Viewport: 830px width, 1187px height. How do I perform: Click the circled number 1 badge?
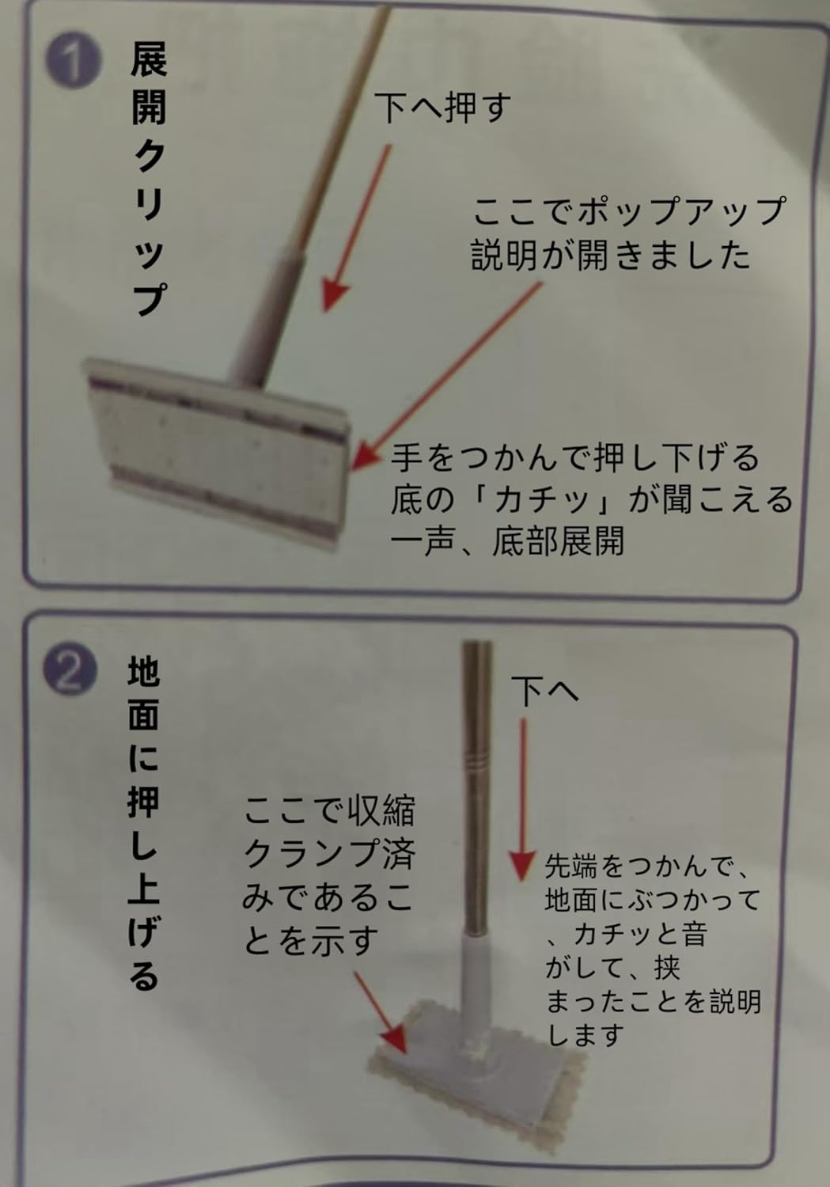click(x=73, y=62)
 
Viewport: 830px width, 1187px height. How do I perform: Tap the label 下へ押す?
click(x=443, y=108)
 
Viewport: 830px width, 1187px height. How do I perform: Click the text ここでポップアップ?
click(x=628, y=210)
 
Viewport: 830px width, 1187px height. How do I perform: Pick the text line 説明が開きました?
click(x=611, y=256)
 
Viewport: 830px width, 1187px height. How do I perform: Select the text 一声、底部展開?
click(x=507, y=541)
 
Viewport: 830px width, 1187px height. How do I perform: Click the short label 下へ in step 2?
click(x=545, y=691)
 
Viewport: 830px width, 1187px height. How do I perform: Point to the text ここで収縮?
click(x=329, y=810)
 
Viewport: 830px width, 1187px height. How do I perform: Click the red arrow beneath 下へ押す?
click(x=358, y=228)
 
